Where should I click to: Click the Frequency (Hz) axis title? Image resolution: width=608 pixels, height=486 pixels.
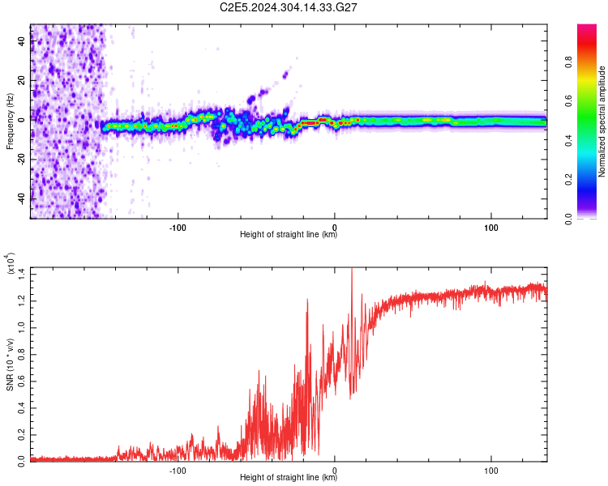click(x=10, y=122)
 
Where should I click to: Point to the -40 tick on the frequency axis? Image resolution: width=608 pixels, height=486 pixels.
click(x=19, y=198)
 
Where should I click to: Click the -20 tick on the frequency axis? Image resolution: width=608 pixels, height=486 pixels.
click(x=19, y=159)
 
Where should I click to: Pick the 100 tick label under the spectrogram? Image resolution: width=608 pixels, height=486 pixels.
click(x=490, y=227)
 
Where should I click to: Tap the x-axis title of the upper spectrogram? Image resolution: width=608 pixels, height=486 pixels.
click(x=289, y=236)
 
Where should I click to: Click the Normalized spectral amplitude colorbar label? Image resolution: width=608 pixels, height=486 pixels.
click(x=602, y=122)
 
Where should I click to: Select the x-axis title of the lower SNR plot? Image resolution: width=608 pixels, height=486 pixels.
click(x=289, y=479)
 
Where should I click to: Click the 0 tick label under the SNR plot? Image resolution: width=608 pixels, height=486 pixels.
click(x=335, y=470)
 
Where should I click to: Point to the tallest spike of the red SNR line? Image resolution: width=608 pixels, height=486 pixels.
click(x=351, y=270)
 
